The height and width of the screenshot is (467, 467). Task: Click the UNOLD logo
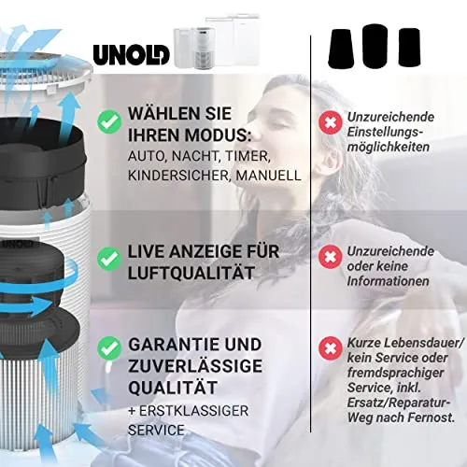tap(131, 55)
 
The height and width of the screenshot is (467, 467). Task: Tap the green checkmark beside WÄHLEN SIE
tap(109, 121)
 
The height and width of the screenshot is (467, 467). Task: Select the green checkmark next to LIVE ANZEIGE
tap(109, 259)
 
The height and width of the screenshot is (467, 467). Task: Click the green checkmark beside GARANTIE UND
tap(109, 348)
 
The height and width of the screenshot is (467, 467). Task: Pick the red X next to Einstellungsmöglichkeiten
tap(331, 122)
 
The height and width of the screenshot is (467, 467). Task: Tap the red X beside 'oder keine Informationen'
tap(331, 257)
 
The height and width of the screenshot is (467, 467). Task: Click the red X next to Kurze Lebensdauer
tap(331, 348)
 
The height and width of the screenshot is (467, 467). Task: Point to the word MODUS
tap(218, 135)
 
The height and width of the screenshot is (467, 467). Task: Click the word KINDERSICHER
tap(179, 176)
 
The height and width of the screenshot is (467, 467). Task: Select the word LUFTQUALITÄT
tap(191, 273)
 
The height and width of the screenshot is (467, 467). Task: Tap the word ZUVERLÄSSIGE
tap(195, 366)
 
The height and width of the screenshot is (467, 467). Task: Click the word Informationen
tap(389, 281)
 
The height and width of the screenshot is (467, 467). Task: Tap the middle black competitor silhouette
tap(375, 46)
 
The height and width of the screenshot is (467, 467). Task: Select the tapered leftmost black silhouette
tap(341, 49)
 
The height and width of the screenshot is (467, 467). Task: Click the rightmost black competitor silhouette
tap(410, 48)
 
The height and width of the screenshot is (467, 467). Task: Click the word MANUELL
tap(268, 176)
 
